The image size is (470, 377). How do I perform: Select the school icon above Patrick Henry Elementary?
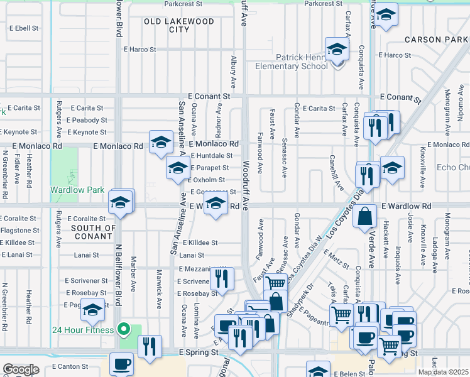click(x=337, y=49)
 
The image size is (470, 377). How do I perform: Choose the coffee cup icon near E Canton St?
click(x=121, y=364)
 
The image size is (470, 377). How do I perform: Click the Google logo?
click(x=21, y=369)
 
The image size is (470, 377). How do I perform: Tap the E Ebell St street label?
click(x=25, y=28)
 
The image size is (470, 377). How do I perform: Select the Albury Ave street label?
click(x=233, y=72)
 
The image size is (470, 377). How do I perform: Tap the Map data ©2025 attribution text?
click(x=444, y=372)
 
